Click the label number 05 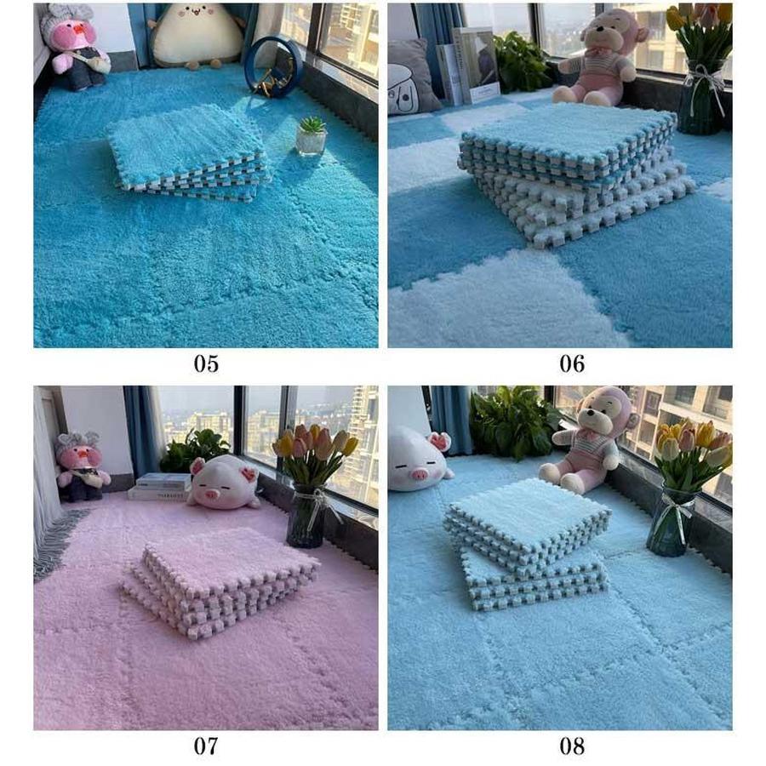(206, 363)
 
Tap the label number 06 (572, 363)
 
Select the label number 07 (206, 746)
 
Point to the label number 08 (572, 746)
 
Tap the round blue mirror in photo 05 (273, 66)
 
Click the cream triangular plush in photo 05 (197, 35)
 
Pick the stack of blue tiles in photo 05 (188, 153)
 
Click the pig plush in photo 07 (223, 483)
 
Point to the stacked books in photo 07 (160, 487)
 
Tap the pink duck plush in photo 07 (81, 467)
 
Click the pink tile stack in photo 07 (220, 581)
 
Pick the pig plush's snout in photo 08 (418, 474)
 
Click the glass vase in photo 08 (672, 521)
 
